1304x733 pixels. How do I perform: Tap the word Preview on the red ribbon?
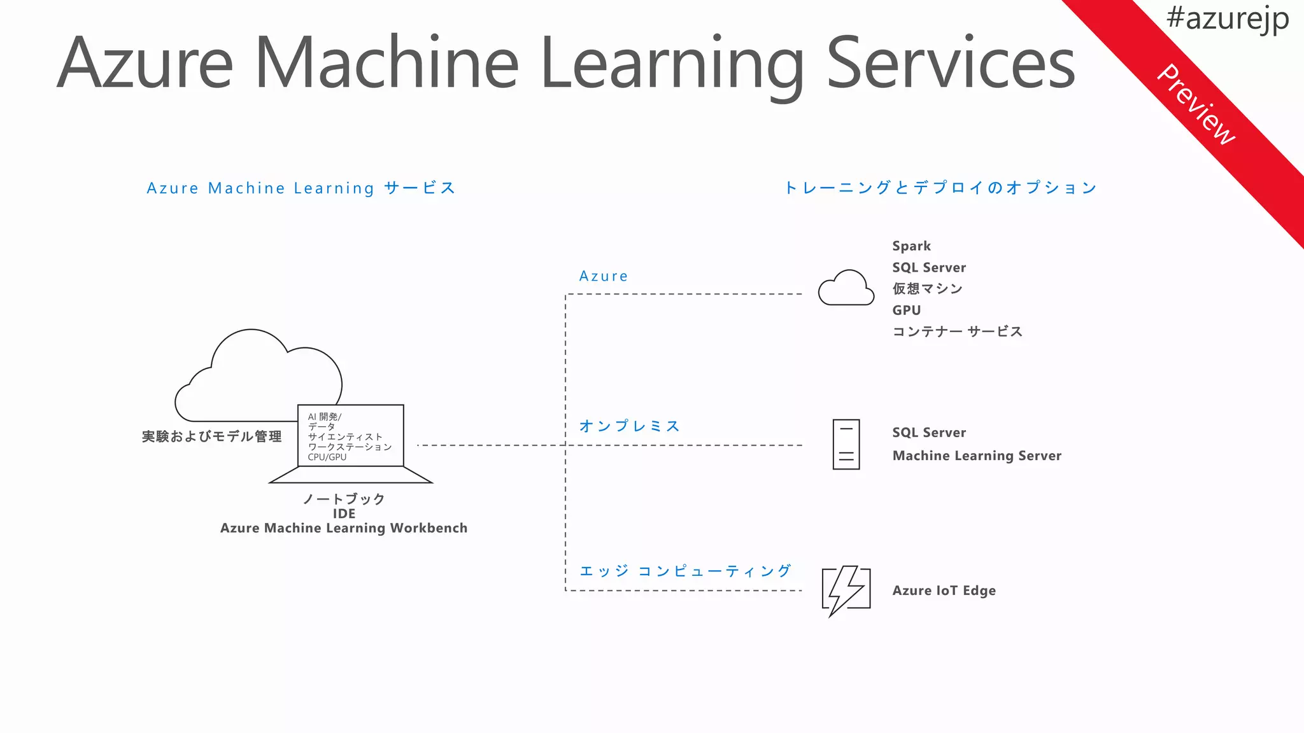[1196, 105]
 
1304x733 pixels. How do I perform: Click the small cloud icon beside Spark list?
[846, 288]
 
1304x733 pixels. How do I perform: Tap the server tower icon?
[846, 444]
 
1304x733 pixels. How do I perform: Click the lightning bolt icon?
[846, 590]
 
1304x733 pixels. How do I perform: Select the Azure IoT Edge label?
[944, 590]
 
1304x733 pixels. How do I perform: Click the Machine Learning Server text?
[976, 456]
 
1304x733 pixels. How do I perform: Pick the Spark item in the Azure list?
[911, 246]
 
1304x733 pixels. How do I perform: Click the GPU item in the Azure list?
[906, 311]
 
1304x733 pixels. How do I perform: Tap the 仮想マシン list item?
[927, 289]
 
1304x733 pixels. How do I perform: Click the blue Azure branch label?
[603, 276]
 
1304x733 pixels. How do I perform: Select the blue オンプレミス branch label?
[629, 426]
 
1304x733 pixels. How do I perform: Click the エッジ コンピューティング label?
[685, 571]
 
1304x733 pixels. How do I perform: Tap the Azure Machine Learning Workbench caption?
[344, 528]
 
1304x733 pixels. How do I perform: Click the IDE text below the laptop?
[344, 513]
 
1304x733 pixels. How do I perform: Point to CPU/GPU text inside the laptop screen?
[327, 457]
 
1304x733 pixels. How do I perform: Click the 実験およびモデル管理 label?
[211, 436]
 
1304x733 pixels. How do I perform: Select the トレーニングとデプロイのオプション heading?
[940, 188]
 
